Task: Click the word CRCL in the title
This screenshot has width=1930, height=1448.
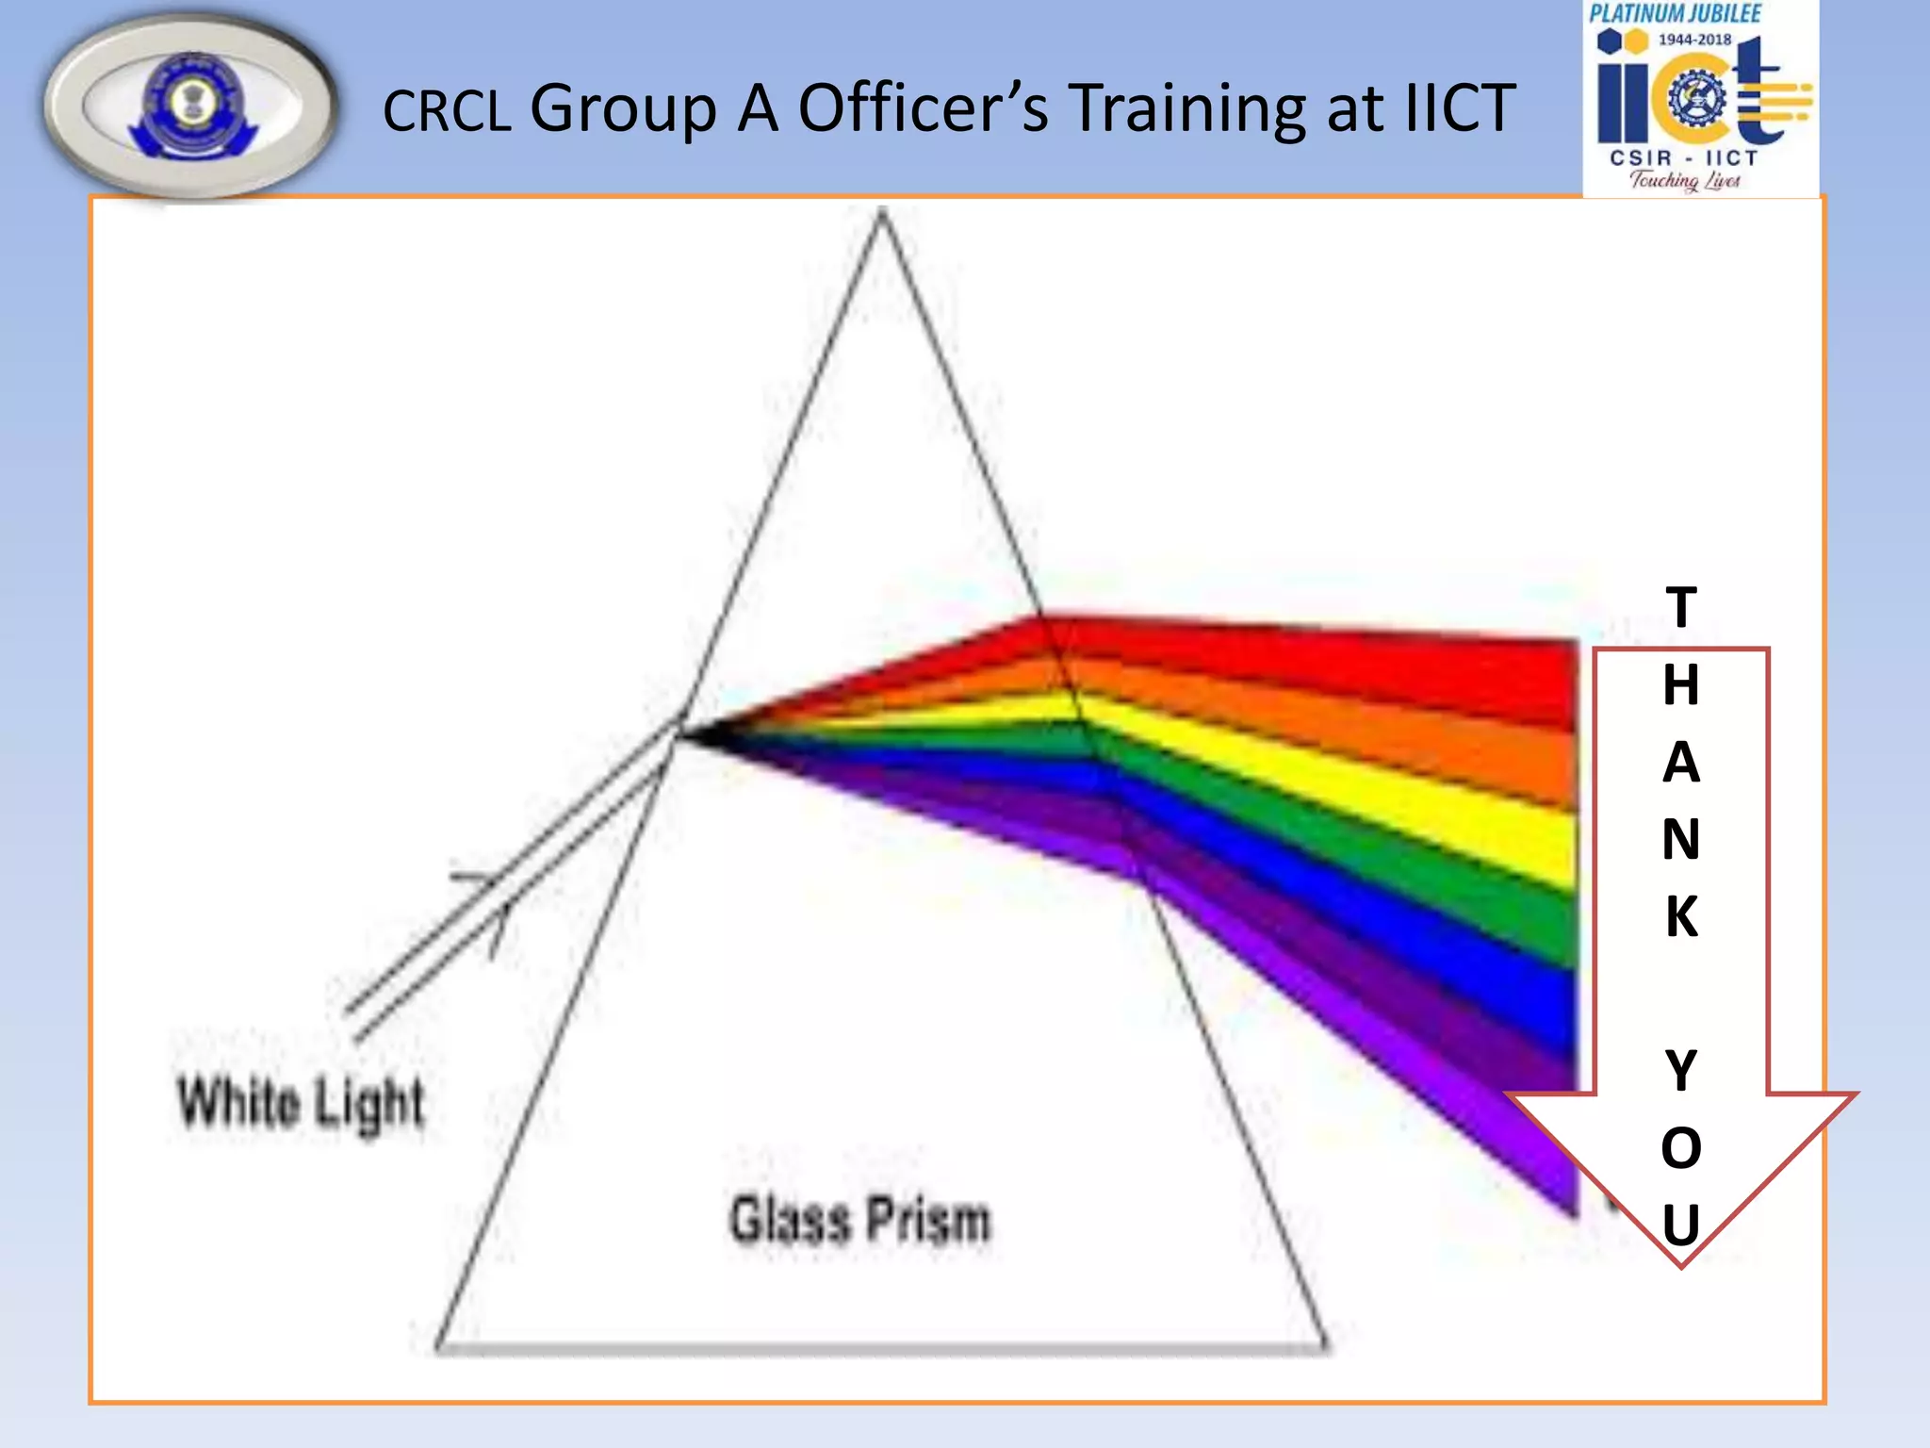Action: coord(446,111)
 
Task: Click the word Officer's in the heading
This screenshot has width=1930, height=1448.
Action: coord(923,107)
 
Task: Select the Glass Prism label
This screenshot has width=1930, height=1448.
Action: coord(860,1220)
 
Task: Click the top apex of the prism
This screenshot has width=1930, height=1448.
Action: coord(881,214)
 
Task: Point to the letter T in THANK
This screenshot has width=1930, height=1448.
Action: coord(1681,607)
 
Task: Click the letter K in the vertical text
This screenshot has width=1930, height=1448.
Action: coord(1681,916)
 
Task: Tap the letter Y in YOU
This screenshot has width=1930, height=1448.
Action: coord(1681,1071)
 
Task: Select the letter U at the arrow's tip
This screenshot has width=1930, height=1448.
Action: coord(1681,1226)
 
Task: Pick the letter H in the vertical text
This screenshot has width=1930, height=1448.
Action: coord(1681,684)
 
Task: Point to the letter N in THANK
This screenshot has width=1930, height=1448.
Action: coord(1681,839)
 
